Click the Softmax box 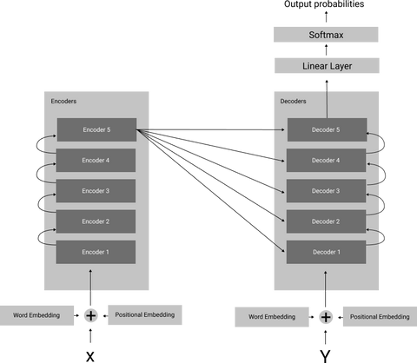[x=326, y=35]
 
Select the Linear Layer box [x=326, y=66]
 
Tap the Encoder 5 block [x=96, y=130]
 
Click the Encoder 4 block [x=96, y=161]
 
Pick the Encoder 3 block [x=96, y=191]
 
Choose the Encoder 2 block [x=96, y=221]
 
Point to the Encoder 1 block [x=96, y=252]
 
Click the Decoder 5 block [x=326, y=130]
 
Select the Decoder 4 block [x=326, y=161]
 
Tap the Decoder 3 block [x=326, y=191]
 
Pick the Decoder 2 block [x=326, y=221]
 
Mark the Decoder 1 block [x=326, y=252]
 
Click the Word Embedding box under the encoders [x=36, y=315]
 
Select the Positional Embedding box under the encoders [x=145, y=315]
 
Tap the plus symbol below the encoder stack [x=91, y=315]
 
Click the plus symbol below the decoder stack [x=326, y=317]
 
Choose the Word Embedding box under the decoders [x=271, y=317]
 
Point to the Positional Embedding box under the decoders [x=379, y=317]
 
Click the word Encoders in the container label [x=63, y=102]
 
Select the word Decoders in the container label [x=294, y=102]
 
